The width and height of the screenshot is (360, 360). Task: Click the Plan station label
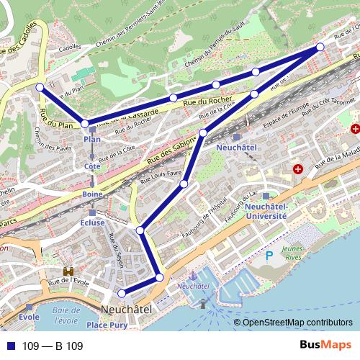(91, 139)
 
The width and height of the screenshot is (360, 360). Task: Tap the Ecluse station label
(92, 222)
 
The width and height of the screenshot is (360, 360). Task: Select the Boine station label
(91, 194)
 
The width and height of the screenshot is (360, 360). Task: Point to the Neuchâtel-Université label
(266, 210)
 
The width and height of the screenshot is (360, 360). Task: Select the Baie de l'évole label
(65, 315)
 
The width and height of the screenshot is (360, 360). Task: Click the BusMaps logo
(325, 346)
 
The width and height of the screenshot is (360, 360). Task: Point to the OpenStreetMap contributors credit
(298, 323)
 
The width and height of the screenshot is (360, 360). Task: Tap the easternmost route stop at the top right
(320, 48)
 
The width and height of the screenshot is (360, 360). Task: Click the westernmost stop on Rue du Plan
(40, 87)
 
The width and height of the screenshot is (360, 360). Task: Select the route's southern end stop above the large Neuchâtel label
(122, 292)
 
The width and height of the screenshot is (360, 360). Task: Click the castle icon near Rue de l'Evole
(70, 272)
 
